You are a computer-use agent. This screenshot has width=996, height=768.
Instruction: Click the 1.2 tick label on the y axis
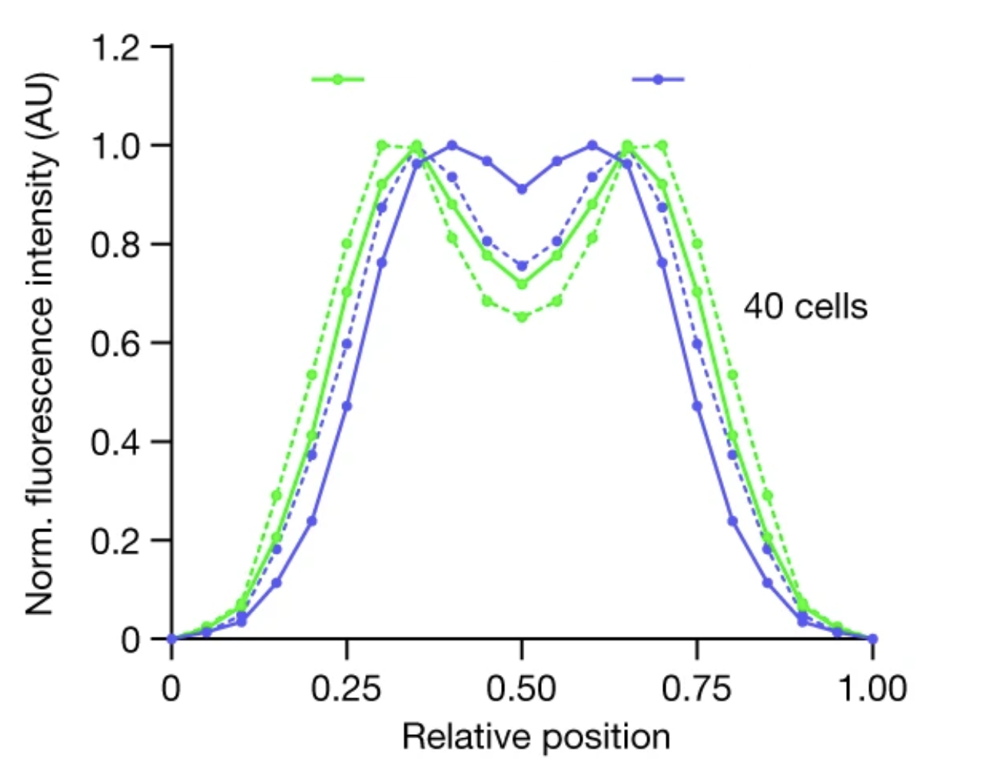[x=115, y=48]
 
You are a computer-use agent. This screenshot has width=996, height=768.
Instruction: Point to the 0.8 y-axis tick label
[x=115, y=245]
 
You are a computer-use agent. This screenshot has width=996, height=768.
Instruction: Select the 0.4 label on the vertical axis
[x=115, y=442]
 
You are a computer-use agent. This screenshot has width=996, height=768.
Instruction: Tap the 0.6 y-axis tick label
[x=115, y=343]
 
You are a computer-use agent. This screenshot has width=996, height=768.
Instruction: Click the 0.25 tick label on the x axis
[x=347, y=689]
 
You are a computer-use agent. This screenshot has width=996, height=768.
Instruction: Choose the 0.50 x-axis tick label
[x=522, y=689]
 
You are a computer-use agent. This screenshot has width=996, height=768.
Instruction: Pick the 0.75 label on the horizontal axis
[x=697, y=689]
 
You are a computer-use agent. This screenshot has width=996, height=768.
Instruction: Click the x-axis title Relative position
[x=536, y=737]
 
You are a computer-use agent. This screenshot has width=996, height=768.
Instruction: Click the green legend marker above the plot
[x=337, y=79]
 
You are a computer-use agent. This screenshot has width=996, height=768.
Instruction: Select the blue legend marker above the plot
[x=658, y=79]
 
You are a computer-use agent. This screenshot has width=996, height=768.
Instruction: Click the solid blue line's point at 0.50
[x=522, y=189]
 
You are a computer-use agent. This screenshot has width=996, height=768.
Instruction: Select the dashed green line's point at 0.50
[x=522, y=316]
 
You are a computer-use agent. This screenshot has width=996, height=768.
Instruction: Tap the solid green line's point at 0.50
[x=522, y=284]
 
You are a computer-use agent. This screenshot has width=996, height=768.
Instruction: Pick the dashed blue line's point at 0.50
[x=522, y=266]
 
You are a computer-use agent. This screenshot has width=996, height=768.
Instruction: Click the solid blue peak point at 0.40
[x=452, y=145]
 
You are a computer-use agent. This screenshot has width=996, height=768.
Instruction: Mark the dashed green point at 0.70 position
[x=662, y=145]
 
